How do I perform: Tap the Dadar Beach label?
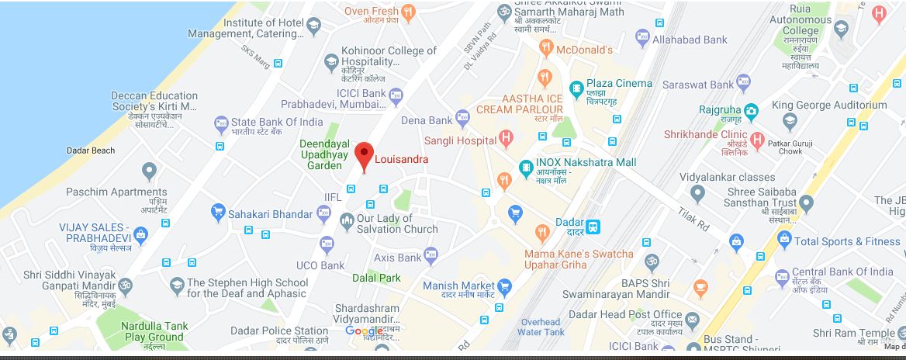pos(92,151)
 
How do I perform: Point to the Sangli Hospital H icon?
pos(507,140)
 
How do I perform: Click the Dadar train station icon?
pos(593,227)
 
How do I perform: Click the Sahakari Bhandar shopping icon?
pos(218,213)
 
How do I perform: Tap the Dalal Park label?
pos(376,277)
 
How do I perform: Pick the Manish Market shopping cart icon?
pos(505,286)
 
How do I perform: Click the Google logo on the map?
pos(364,331)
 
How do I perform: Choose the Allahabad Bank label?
pos(690,39)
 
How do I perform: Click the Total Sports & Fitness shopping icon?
pos(783,241)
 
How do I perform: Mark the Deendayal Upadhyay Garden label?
pos(321,154)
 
